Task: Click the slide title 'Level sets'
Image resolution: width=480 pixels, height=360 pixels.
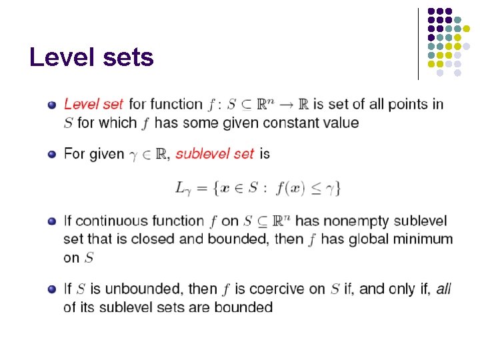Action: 91,58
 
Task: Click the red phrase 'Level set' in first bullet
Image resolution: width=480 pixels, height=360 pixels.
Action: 93,104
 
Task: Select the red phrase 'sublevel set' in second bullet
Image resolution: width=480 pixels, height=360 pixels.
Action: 215,154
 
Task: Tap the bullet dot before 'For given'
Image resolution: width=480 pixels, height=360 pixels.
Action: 51,155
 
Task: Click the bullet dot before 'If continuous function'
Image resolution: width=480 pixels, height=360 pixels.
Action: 51,221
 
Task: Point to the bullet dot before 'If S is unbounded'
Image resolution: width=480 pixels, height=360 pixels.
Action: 51,289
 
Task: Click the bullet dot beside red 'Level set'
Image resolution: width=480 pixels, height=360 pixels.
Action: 51,105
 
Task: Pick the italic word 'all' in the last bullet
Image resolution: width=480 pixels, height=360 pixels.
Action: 443,289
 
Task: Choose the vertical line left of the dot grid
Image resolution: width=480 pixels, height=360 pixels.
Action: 418,43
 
